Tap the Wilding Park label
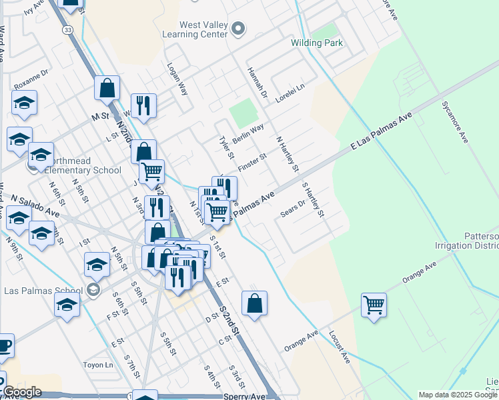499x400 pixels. [x=317, y=43]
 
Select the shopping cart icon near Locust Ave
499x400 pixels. [x=374, y=305]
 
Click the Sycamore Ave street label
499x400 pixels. [x=454, y=122]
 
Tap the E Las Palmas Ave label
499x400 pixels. [x=382, y=133]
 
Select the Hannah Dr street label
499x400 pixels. [x=257, y=83]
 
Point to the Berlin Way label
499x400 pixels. [x=248, y=131]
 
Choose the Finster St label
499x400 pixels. [x=253, y=161]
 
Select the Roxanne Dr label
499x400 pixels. [x=31, y=78]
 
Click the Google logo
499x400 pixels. [x=22, y=392]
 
